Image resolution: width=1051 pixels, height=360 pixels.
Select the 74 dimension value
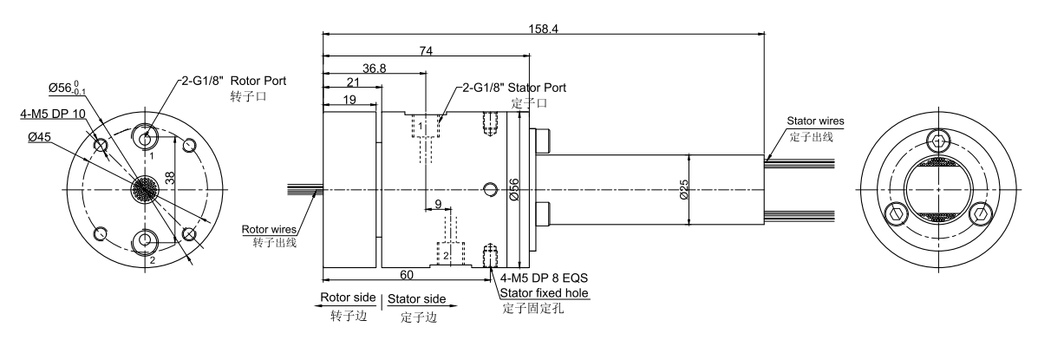pyautogui.click(x=425, y=52)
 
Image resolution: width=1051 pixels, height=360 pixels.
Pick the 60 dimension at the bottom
pyautogui.click(x=405, y=274)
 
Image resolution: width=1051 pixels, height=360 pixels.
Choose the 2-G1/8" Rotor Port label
pyautogui.click(x=233, y=81)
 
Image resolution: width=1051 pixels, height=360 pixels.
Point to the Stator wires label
pyautogui.click(x=814, y=121)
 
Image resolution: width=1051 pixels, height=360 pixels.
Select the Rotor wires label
pyautogui.click(x=269, y=229)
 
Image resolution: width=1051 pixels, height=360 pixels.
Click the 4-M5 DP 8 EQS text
pyautogui.click(x=545, y=278)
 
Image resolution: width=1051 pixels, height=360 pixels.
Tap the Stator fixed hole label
pyautogui.click(x=545, y=293)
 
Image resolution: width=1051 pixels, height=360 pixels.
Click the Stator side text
pyautogui.click(x=418, y=299)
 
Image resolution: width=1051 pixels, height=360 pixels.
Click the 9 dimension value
pyautogui.click(x=438, y=204)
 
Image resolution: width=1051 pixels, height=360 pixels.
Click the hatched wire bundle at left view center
pyautogui.click(x=145, y=190)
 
